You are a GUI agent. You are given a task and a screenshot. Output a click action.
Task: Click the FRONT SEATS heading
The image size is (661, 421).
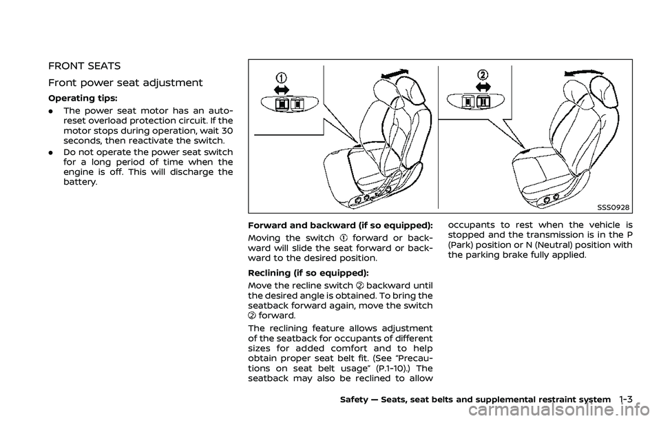point(84,66)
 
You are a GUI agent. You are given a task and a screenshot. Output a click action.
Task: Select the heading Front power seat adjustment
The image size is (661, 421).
point(125,83)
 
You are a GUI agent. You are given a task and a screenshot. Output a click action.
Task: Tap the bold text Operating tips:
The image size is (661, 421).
point(76,100)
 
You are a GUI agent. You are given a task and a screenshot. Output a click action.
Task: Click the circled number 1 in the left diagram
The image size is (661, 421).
point(281,77)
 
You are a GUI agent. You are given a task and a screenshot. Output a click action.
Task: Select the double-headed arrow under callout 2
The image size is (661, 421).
point(483,87)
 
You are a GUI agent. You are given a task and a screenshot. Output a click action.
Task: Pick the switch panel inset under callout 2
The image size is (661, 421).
point(477,101)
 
